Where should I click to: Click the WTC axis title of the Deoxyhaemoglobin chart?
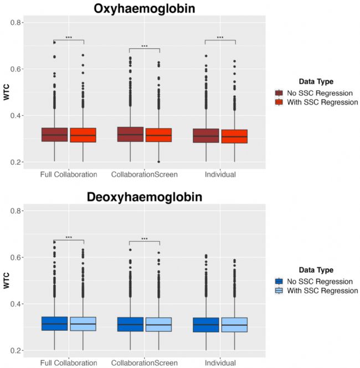tap(7, 281)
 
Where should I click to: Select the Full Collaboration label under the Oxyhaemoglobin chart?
tap(69, 175)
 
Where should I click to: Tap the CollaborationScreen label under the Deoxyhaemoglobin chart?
tap(144, 363)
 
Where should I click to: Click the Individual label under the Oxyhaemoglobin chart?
tap(220, 175)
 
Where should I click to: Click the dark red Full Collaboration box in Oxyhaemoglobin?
tap(54, 134)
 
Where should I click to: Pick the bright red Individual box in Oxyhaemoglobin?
tap(234, 136)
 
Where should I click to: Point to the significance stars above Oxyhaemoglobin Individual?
tap(220, 38)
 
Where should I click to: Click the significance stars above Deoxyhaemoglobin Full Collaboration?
tap(69, 237)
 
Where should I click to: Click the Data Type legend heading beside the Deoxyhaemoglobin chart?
tap(312, 270)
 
